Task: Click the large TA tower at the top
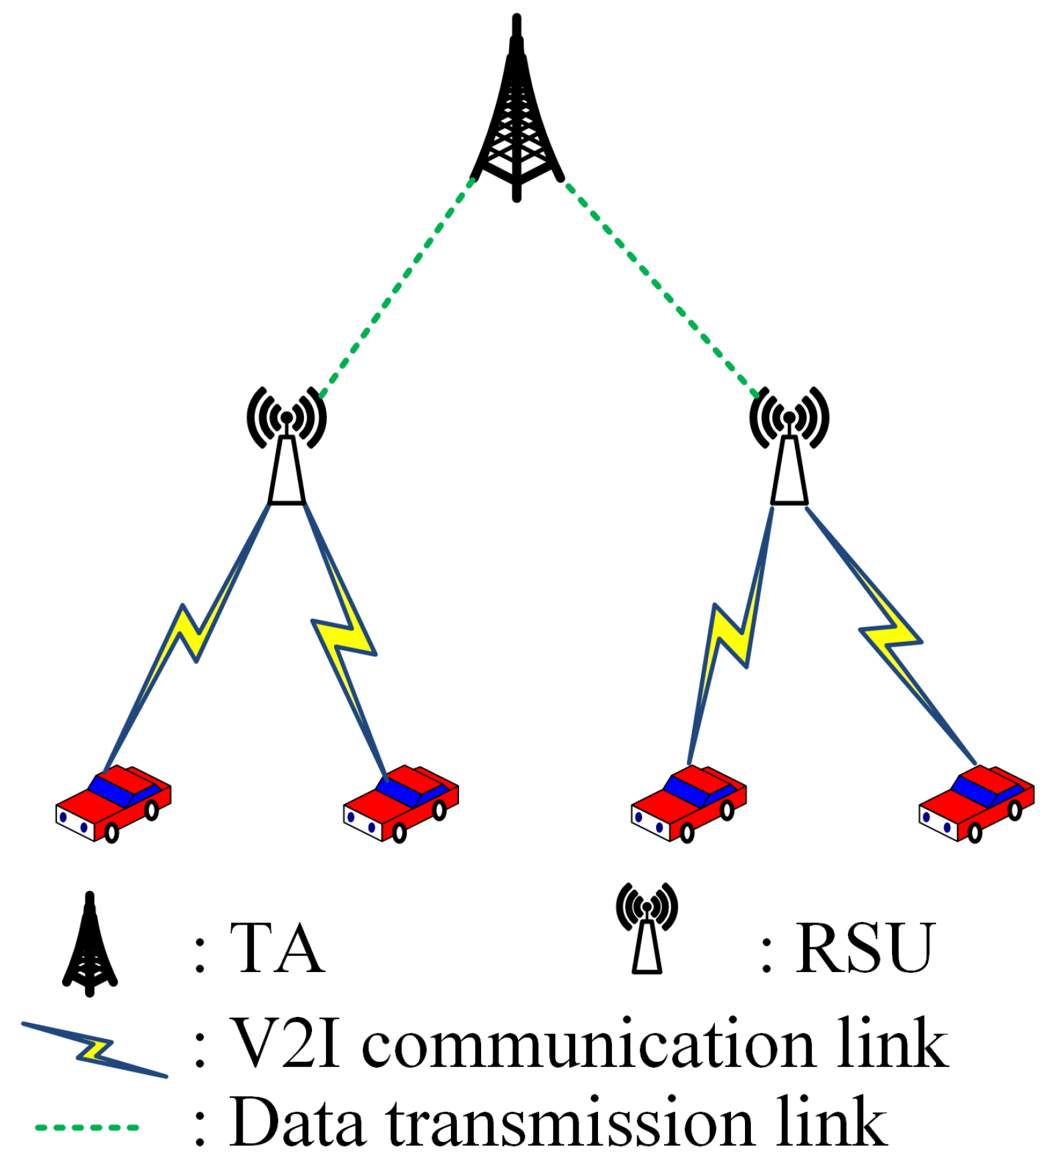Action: pos(516,120)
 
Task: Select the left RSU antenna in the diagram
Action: pos(287,455)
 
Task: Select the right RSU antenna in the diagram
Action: pos(789,455)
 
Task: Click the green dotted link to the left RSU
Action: pos(398,287)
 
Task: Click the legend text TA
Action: pos(277,948)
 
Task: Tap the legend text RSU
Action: pos(865,948)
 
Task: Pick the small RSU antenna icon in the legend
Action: pos(646,929)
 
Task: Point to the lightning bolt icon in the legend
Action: pos(94,1050)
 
